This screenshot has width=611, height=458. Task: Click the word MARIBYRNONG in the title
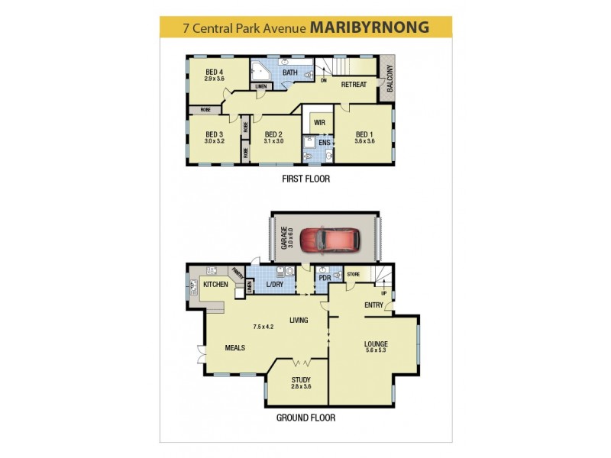(x=370, y=27)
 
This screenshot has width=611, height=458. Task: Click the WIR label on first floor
(x=315, y=121)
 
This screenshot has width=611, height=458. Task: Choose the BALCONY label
(x=389, y=79)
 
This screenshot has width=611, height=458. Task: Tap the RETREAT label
(x=354, y=84)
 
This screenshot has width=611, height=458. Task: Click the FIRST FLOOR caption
(x=305, y=179)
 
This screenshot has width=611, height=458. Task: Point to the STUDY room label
(x=301, y=379)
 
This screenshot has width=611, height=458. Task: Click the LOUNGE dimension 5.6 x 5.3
(x=376, y=351)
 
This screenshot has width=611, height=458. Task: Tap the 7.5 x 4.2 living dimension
(x=263, y=326)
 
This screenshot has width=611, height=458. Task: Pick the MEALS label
(x=234, y=347)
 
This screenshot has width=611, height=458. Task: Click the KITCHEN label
(x=215, y=284)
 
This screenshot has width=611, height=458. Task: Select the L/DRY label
(x=275, y=285)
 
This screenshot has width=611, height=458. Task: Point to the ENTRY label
(x=373, y=305)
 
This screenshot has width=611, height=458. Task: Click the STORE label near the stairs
(x=353, y=273)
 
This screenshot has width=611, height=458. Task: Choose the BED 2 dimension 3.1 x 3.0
(x=273, y=140)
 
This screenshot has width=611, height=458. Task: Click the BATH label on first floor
(x=289, y=73)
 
